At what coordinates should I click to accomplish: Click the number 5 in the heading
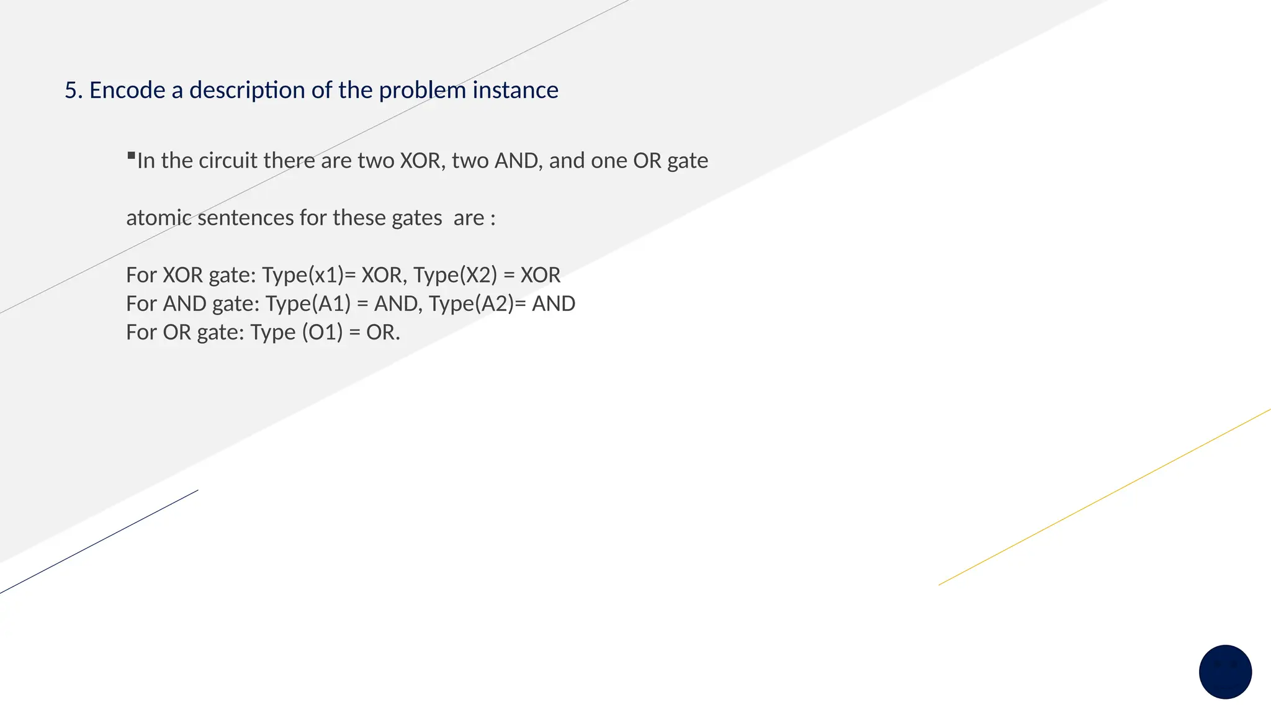click(x=71, y=91)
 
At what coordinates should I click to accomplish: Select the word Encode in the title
click(x=127, y=91)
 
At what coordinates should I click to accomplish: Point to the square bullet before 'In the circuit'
click(x=131, y=155)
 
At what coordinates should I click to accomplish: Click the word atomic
click(x=159, y=218)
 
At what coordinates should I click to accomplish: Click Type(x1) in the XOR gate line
click(x=303, y=275)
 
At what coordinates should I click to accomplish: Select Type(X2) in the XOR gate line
click(x=455, y=275)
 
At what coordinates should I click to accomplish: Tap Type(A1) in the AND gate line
click(x=308, y=304)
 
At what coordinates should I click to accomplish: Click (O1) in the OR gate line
click(x=322, y=332)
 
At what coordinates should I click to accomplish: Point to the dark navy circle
click(x=1225, y=672)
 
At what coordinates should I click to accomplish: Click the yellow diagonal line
click(x=1105, y=497)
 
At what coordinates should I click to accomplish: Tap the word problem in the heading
click(x=422, y=91)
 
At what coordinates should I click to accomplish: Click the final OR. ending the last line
click(x=383, y=332)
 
